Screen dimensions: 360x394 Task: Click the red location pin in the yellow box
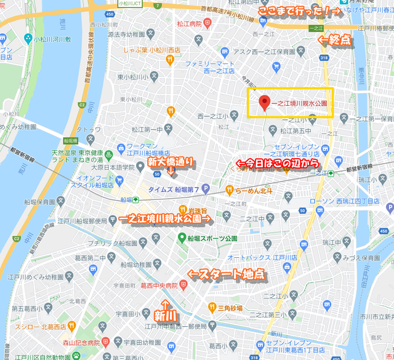pos(265,103)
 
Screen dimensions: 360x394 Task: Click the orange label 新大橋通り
pos(171,162)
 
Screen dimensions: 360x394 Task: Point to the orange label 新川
pos(165,314)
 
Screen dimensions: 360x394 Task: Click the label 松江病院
pos(190,24)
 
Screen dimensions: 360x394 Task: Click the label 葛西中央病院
pos(159,285)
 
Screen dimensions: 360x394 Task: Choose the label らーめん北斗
pos(251,190)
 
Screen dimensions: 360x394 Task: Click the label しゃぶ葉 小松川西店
pos(151,50)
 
